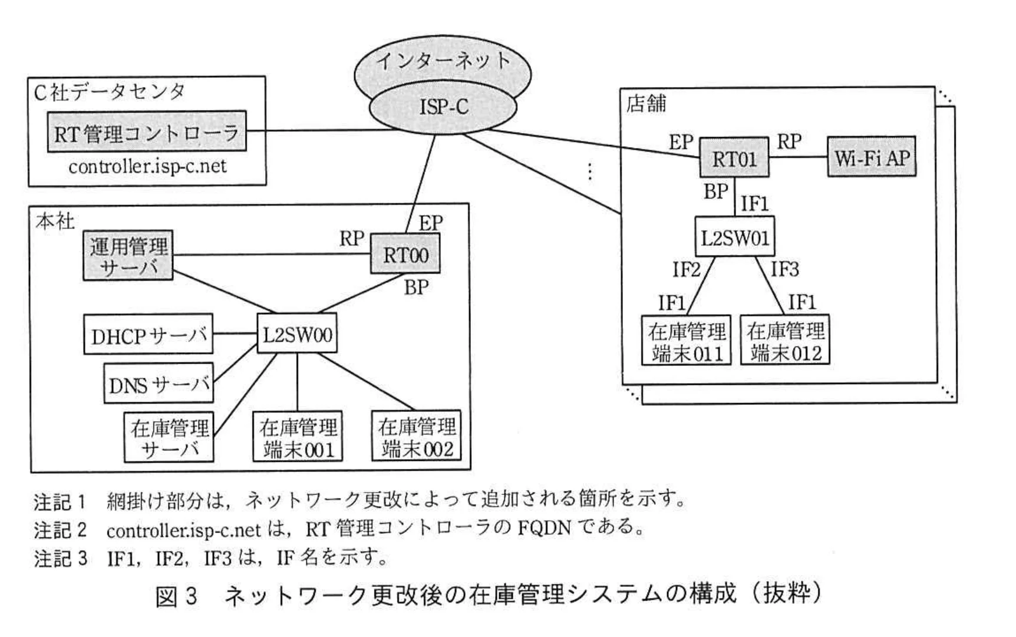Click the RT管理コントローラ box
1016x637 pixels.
click(147, 132)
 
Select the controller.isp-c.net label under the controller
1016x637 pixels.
click(147, 167)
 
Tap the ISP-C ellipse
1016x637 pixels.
click(443, 107)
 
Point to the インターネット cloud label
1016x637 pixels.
click(443, 61)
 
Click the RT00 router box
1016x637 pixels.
click(405, 255)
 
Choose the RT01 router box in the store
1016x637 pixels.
click(734, 158)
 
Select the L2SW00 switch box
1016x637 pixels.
click(298, 334)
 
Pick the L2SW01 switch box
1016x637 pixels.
click(734, 237)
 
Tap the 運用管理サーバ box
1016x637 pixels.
click(128, 256)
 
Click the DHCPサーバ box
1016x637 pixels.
click(148, 335)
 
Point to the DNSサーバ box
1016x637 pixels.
click(159, 384)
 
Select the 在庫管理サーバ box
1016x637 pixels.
click(169, 437)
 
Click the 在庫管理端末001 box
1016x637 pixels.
click(298, 438)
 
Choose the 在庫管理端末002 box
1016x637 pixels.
click(417, 437)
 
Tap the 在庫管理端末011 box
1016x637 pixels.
click(687, 341)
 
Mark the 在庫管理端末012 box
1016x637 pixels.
click(785, 341)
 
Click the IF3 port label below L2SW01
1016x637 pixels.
click(785, 270)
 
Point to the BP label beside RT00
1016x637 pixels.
click(416, 288)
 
